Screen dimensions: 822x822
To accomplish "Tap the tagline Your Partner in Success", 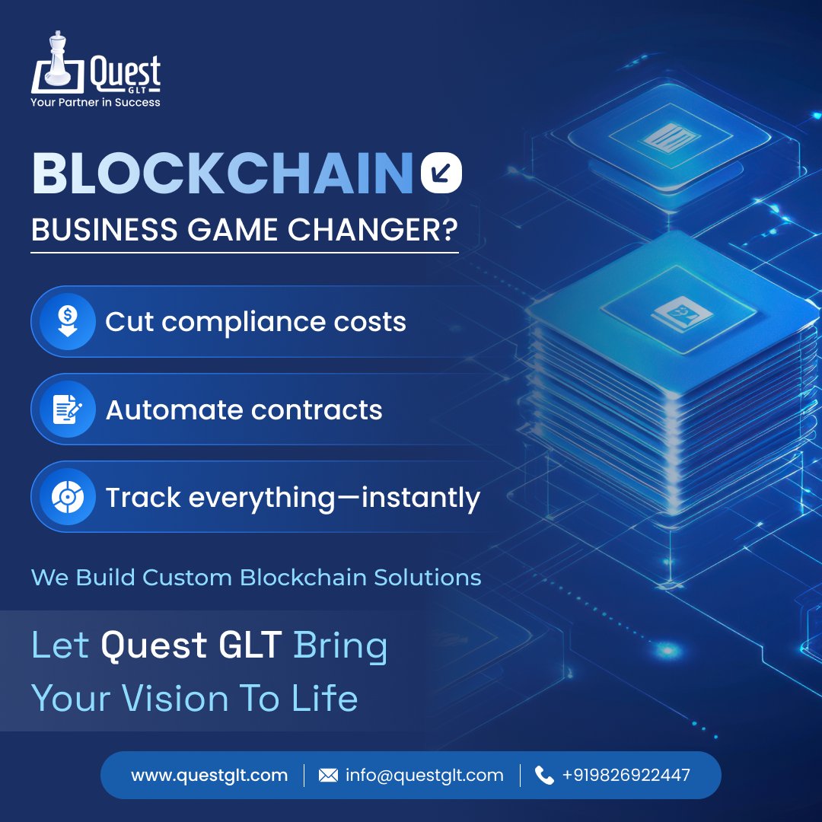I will [95, 102].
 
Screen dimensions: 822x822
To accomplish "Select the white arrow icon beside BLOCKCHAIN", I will [441, 174].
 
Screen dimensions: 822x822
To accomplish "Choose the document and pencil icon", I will [68, 410].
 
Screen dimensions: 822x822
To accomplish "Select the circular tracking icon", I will [68, 498].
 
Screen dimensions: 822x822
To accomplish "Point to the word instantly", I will [420, 498].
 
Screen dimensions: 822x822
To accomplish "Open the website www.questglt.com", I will [209, 776].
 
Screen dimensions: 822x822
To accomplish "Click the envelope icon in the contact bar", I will [328, 776].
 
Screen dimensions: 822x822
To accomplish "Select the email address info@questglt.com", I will [424, 776].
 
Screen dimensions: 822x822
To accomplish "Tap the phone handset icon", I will [544, 776].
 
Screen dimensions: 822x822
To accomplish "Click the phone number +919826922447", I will [626, 776].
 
